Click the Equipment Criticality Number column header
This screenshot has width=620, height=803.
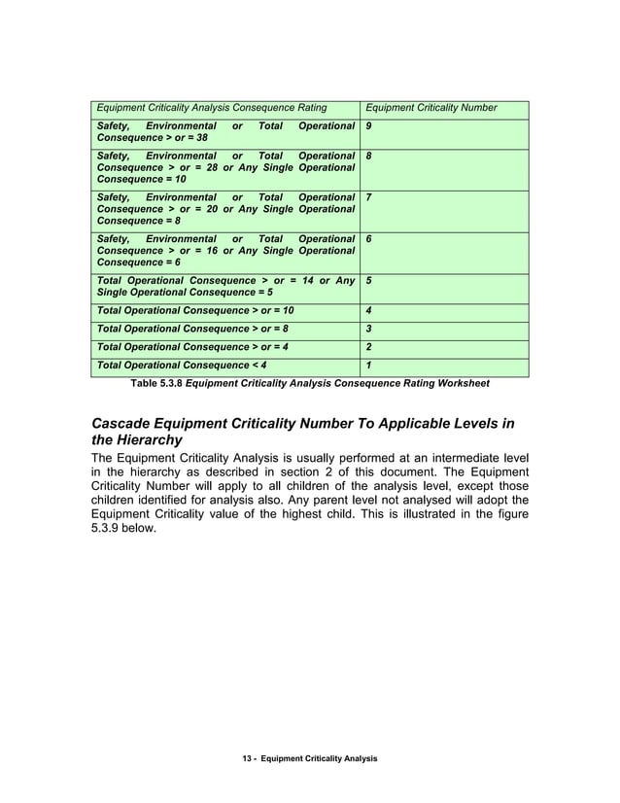tap(429, 107)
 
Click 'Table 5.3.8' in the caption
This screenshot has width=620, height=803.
tap(155, 383)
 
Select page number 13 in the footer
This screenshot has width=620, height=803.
tap(247, 756)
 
